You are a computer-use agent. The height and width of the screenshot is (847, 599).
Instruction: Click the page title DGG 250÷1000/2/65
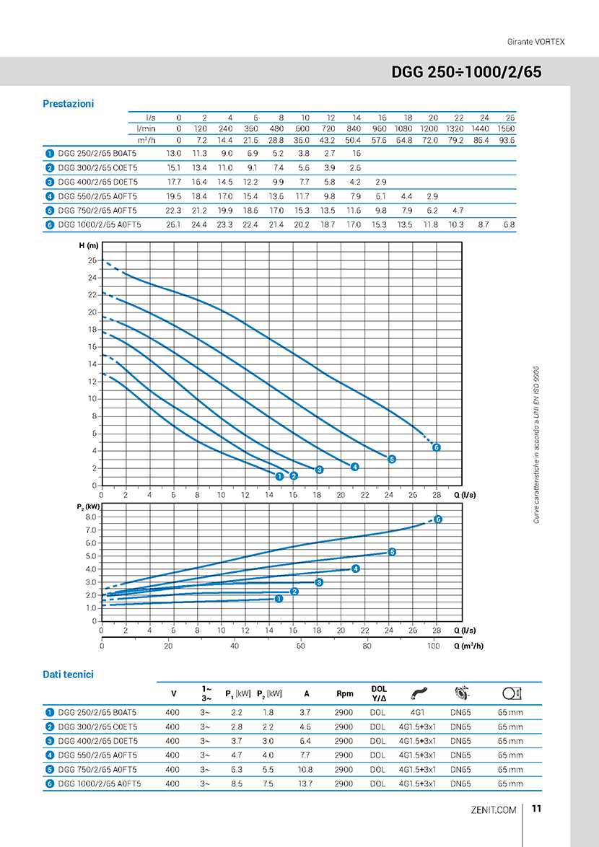(x=466, y=73)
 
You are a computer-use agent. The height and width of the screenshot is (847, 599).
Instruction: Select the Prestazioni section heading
(x=69, y=104)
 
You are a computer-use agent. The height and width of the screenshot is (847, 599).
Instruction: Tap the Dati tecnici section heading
(x=69, y=674)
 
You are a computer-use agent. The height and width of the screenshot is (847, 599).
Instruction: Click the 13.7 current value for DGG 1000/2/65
(x=306, y=784)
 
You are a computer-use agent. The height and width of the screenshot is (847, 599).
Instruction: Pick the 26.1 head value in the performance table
(x=172, y=224)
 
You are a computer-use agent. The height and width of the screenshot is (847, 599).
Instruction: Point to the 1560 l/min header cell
(x=506, y=129)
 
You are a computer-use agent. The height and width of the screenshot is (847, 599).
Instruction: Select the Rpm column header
(x=344, y=693)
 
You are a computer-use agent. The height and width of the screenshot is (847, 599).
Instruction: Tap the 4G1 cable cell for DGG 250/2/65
(x=416, y=713)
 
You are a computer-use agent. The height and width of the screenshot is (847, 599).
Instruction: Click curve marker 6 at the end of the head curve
(x=437, y=447)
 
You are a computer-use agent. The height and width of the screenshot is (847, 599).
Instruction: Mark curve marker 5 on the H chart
(x=392, y=459)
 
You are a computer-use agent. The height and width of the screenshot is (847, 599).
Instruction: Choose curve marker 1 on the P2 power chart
(x=279, y=599)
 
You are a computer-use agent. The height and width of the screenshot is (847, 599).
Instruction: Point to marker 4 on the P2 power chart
(x=355, y=569)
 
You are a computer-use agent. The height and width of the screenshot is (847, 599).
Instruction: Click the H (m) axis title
(x=89, y=246)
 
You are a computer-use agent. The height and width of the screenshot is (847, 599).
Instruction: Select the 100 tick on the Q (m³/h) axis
(x=433, y=646)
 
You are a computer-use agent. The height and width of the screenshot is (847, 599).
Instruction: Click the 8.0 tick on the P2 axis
(x=91, y=517)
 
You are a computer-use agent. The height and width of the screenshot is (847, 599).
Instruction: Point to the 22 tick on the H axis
(x=92, y=295)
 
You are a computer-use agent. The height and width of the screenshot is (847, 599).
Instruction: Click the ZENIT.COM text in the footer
(x=494, y=809)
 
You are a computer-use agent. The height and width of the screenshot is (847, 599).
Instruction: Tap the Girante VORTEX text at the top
(x=535, y=42)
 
